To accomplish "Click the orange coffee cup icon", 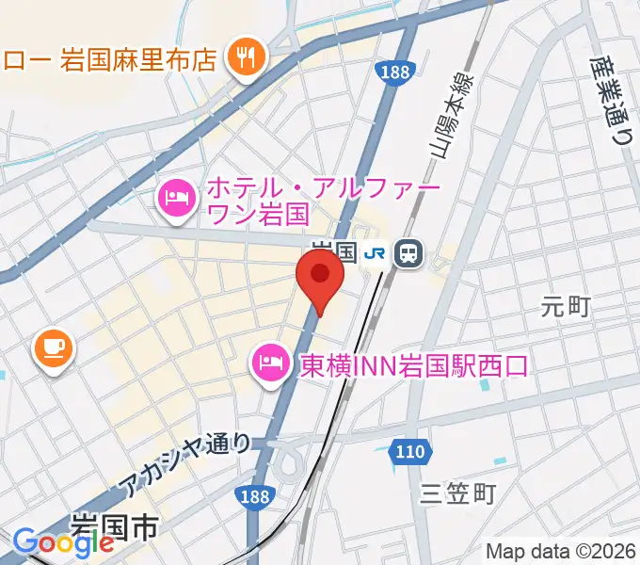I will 54,349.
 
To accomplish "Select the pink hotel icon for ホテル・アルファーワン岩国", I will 175,197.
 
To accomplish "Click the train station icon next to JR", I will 409,251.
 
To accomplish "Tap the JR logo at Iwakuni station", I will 376,252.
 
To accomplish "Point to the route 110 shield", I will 409,452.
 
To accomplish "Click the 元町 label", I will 566,305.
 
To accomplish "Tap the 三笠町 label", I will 457,492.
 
